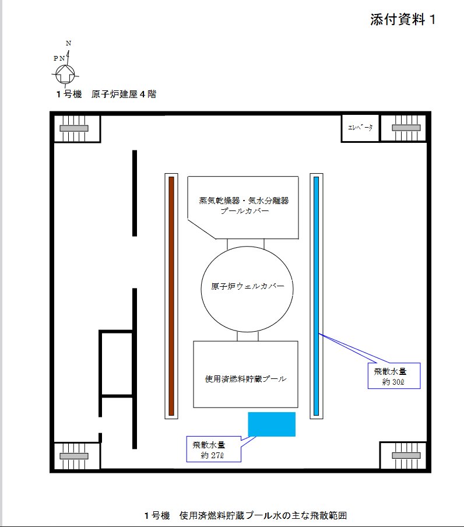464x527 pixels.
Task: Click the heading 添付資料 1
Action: tap(403, 19)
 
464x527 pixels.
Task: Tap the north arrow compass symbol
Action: tap(65, 73)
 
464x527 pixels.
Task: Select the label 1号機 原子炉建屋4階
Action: tap(106, 94)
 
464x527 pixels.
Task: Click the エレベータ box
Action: tap(360, 128)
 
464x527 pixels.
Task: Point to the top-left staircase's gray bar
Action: tap(74, 128)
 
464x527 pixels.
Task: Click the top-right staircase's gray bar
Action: tap(406, 128)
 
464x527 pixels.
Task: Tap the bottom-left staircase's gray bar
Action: tap(74, 456)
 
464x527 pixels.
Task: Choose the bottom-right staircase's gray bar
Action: tap(406, 455)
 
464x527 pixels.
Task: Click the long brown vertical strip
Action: tap(171, 296)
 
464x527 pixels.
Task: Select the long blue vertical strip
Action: tap(316, 296)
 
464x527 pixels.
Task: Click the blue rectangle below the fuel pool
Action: tap(272, 424)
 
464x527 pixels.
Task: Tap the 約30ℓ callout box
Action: tap(394, 376)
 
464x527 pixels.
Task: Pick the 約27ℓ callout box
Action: tap(214, 449)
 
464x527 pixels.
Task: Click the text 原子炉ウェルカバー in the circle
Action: tap(248, 286)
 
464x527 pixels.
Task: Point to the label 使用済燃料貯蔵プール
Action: tap(245, 379)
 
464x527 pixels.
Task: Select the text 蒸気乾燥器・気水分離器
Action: tap(244, 201)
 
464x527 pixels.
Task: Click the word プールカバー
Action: tap(245, 210)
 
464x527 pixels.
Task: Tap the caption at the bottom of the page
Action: tap(245, 515)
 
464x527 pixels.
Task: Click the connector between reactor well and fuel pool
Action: tap(248, 336)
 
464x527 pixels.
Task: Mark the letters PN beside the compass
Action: tap(59, 58)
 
